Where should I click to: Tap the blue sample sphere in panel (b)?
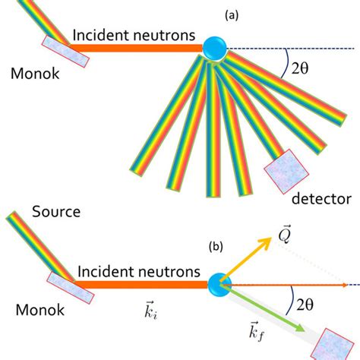pos(219,285)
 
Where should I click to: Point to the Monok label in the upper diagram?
pos(36,74)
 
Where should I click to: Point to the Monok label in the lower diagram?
pos(36,311)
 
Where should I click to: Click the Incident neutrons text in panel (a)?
pos(134,34)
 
